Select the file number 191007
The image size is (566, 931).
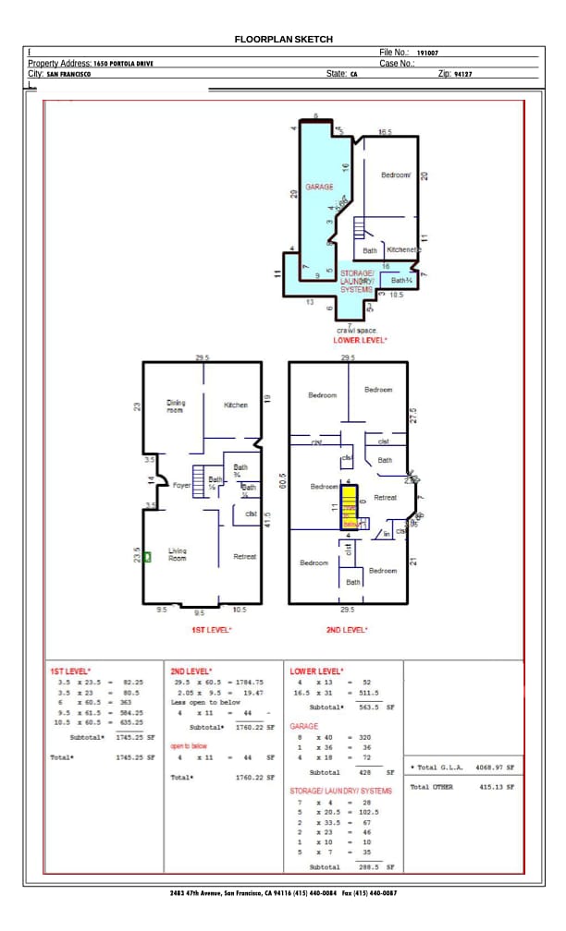[x=427, y=54]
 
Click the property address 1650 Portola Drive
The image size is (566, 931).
[x=123, y=64]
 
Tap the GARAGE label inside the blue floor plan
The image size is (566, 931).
[x=320, y=187]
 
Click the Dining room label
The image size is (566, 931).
[x=176, y=405]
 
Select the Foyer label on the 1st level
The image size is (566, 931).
[x=181, y=485]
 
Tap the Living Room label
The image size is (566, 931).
[x=177, y=554]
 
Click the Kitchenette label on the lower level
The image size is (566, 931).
[x=404, y=250]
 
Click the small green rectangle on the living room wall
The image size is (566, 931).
[x=145, y=558]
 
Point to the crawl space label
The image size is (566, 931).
[x=357, y=330]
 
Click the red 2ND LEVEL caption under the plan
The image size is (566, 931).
[x=347, y=630]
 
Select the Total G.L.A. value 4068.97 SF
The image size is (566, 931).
[x=495, y=768]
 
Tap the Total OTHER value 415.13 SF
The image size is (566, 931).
[x=495, y=787]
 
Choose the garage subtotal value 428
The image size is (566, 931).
[x=364, y=772]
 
